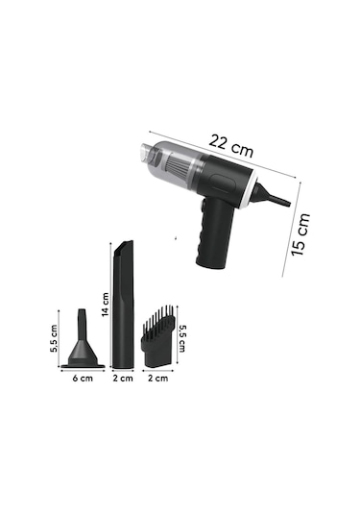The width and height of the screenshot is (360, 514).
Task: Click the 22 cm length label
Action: pos(231,146)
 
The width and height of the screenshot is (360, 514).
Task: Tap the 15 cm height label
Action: pos(300,234)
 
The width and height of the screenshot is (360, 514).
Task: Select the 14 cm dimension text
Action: pos(106,305)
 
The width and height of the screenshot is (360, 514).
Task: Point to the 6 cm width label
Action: pos(83,379)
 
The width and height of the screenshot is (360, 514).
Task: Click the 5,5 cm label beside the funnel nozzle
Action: pos(54,338)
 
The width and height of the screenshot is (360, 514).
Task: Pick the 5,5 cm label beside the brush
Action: pos(181,338)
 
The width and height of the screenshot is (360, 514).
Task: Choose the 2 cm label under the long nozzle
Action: pos(123,379)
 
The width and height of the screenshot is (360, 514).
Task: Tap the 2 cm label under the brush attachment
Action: pos(157,379)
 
